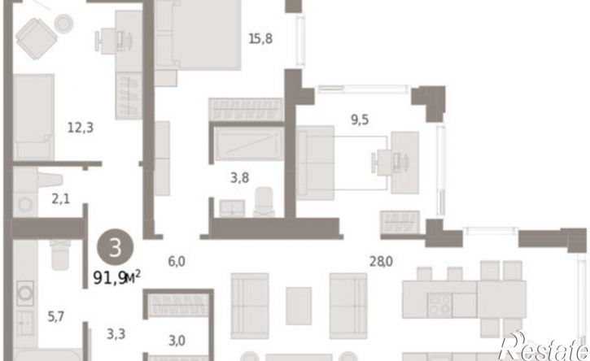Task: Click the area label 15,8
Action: [x=260, y=39]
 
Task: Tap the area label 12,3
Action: [x=80, y=128]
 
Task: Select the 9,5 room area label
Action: [x=360, y=120]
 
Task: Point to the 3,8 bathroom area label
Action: [x=240, y=177]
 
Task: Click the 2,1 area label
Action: [x=60, y=198]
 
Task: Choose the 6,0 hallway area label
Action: [x=177, y=261]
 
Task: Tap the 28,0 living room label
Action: [x=381, y=261]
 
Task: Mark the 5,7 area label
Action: [x=55, y=317]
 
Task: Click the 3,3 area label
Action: [x=116, y=334]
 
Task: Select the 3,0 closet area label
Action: [x=177, y=341]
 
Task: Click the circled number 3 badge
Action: [x=115, y=247]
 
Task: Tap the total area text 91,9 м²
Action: [x=116, y=277]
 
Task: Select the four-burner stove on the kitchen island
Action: [x=439, y=304]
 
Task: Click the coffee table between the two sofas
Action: [x=299, y=306]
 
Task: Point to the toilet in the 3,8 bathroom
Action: [x=264, y=202]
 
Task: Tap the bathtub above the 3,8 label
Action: [x=250, y=144]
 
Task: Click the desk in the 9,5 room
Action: [x=405, y=163]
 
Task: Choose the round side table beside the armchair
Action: [x=63, y=24]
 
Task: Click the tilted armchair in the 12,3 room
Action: [x=37, y=39]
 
